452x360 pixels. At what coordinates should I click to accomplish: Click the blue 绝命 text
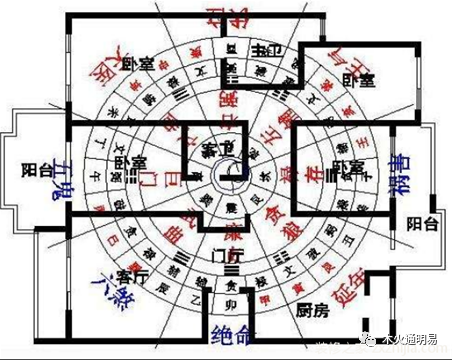[235, 331]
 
